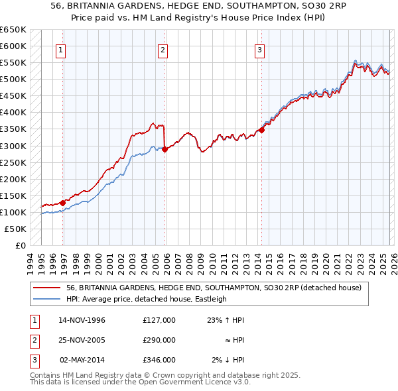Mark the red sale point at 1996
(x=63, y=203)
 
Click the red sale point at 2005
(x=165, y=149)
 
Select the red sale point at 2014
(x=261, y=131)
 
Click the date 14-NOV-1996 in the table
(x=82, y=320)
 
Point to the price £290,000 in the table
(x=159, y=340)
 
